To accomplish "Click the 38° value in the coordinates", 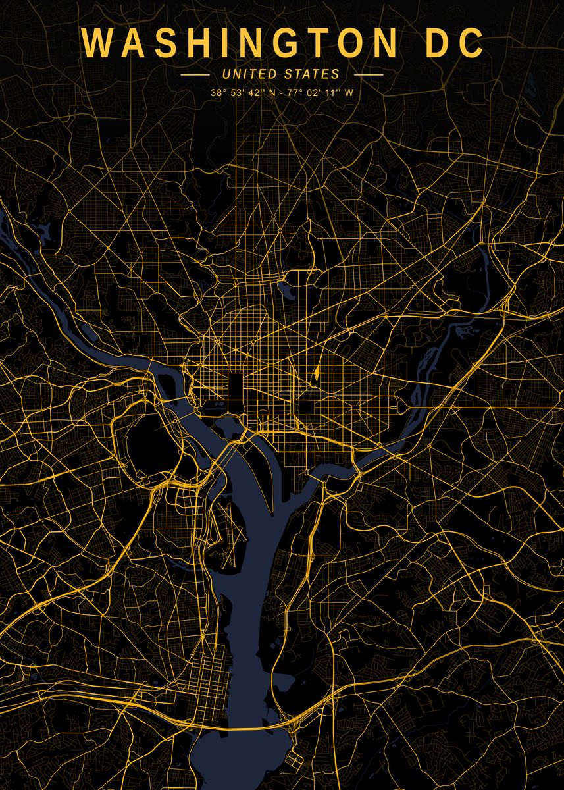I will click(218, 93).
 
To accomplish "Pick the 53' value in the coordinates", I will click(238, 93).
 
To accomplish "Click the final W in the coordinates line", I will click(349, 93).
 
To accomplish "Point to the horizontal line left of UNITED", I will click(195, 75).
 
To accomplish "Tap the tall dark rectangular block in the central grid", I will click(235, 388).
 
